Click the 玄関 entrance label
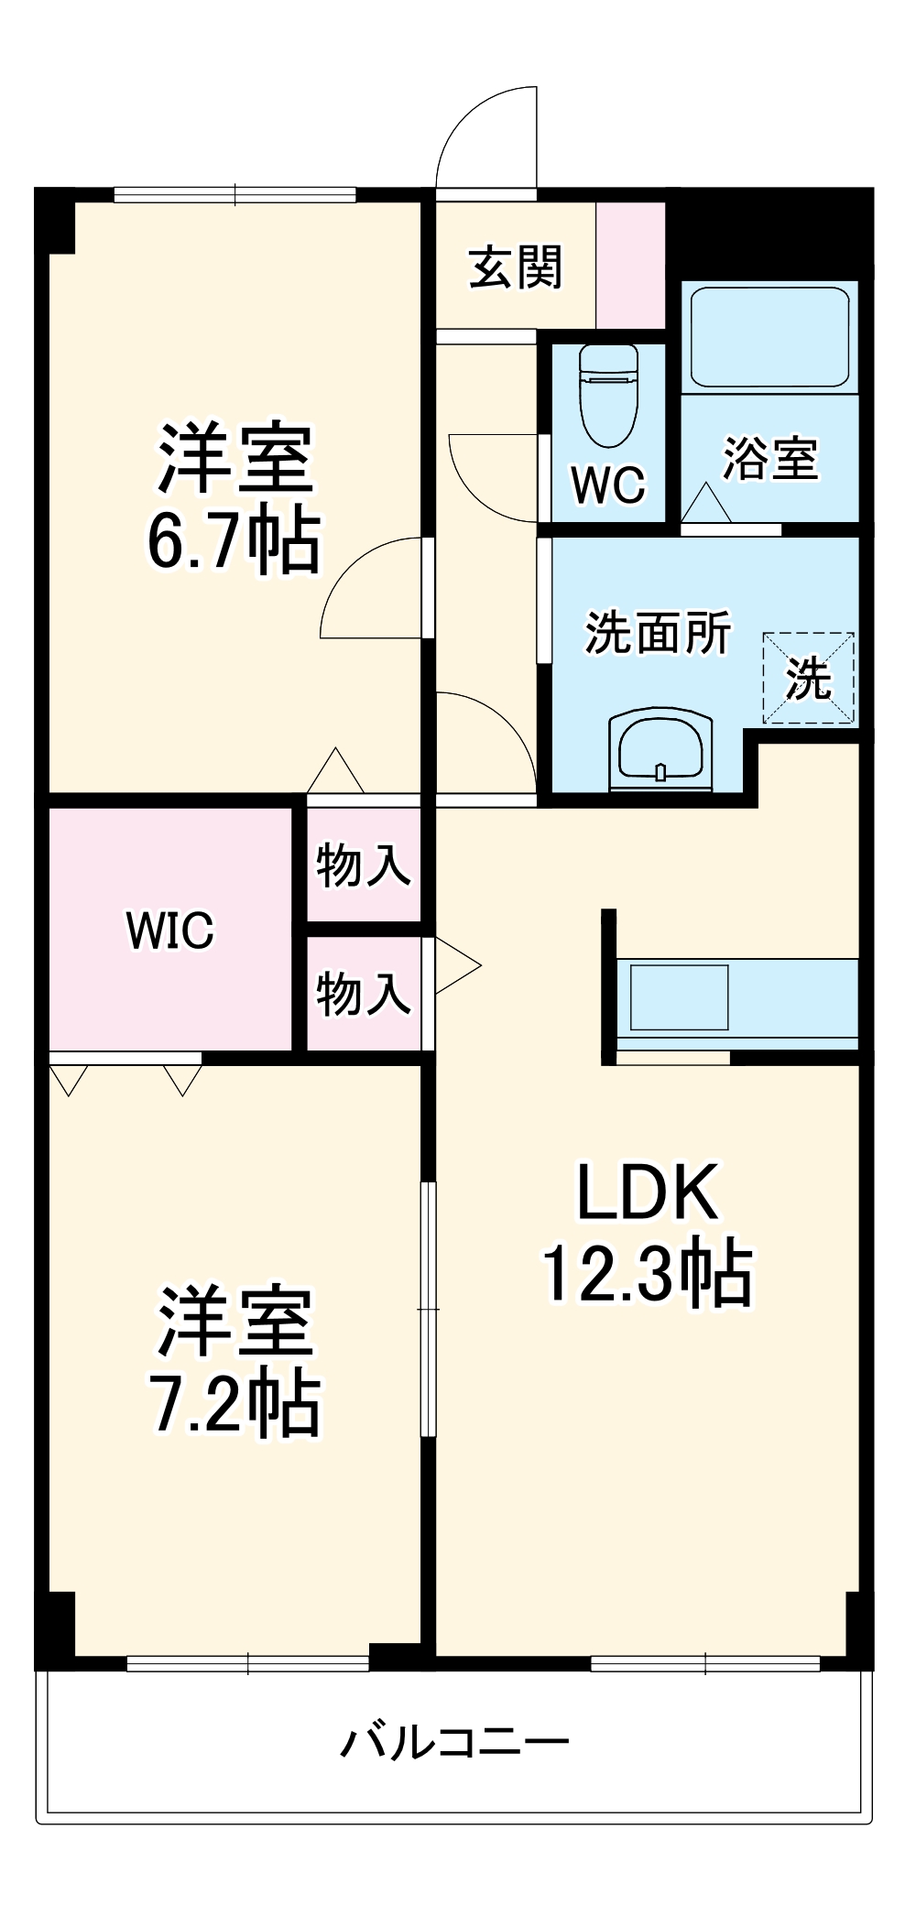(516, 268)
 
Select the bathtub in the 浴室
(769, 337)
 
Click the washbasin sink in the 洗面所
(660, 747)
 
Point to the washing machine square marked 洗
(808, 678)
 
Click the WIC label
(170, 931)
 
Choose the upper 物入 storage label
(363, 865)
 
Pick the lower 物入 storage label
(363, 994)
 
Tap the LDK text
(646, 1192)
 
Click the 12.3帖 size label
(648, 1273)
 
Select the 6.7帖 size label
(234, 540)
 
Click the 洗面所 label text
(658, 632)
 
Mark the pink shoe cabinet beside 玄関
(630, 266)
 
